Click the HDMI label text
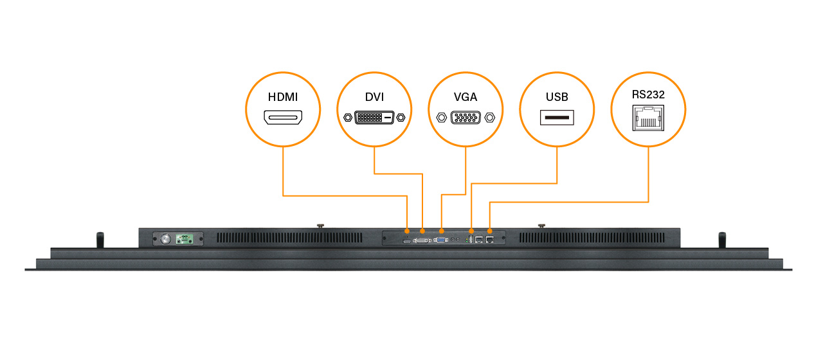click(283, 98)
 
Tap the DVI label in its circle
click(374, 97)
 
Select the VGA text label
click(466, 98)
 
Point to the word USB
click(557, 98)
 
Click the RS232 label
click(648, 94)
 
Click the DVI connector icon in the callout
click(374, 118)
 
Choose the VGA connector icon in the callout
click(466, 118)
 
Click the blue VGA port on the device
click(441, 240)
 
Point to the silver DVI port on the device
click(422, 240)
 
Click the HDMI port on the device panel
click(406, 240)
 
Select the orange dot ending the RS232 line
click(491, 230)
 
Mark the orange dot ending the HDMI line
click(406, 230)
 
